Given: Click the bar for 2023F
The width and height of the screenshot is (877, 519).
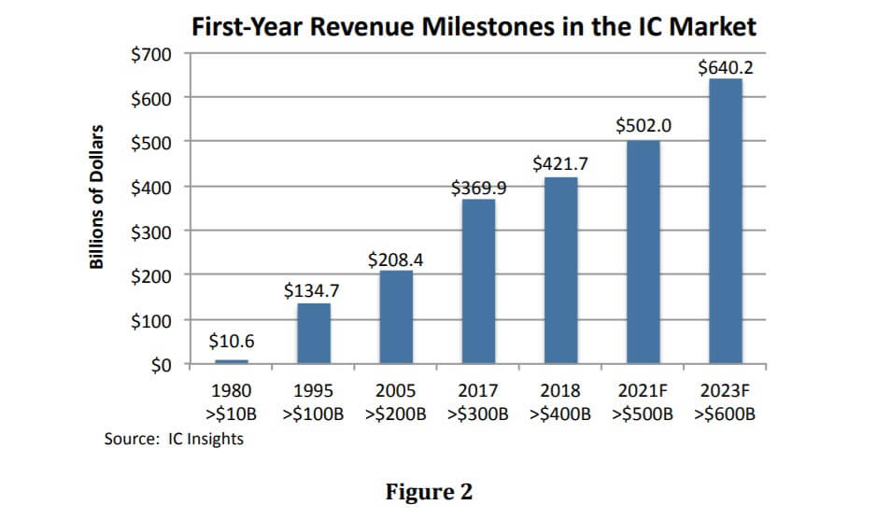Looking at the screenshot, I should pos(725,221).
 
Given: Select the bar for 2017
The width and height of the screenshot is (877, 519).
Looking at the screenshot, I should pos(478,281).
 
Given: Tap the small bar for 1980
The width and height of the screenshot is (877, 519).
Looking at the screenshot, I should pos(232,361).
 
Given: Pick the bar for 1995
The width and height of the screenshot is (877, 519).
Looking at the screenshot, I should pos(314,333).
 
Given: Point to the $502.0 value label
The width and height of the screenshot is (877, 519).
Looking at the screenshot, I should pos(643,126).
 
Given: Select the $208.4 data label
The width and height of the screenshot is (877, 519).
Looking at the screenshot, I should pos(396,259).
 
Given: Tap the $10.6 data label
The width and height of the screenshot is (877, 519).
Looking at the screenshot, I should pos(232,343).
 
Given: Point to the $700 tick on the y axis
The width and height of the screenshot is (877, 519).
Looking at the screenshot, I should pos(151,54).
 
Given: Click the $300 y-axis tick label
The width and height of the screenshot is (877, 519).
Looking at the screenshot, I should pos(151,231).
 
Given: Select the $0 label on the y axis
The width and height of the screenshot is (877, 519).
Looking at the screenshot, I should pos(160,365).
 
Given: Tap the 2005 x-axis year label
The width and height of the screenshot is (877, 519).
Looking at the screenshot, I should pos(396,390).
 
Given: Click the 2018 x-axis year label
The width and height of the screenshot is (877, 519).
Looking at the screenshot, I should pos(560,390).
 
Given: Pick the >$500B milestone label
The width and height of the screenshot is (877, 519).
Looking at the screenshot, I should pos(643,413).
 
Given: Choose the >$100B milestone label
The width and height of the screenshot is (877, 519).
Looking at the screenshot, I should pos(314,413).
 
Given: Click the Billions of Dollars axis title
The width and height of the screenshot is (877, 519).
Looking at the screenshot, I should pos(96,198).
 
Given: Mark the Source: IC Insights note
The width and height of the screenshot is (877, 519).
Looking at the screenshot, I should pos(174,438).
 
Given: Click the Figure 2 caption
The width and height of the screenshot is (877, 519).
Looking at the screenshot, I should pos(430,491).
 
